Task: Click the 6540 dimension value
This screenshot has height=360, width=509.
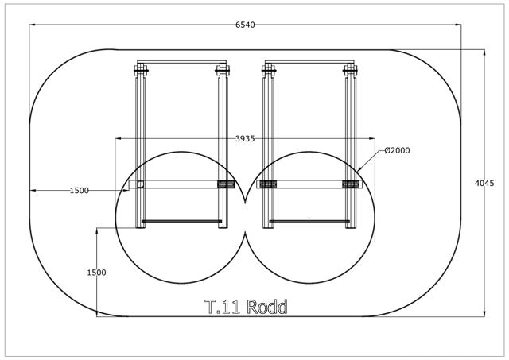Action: (245, 25)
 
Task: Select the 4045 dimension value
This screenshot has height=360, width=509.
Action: (484, 184)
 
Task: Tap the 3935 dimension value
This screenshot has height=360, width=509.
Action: (245, 139)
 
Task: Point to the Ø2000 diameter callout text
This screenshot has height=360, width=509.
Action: (397, 150)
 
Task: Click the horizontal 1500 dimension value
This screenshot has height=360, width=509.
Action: (80, 191)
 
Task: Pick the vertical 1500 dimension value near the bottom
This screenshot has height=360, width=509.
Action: (96, 273)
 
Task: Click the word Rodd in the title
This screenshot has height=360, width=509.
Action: (267, 307)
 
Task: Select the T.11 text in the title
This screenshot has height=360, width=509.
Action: (222, 307)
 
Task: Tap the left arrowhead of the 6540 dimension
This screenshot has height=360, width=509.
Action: (33, 25)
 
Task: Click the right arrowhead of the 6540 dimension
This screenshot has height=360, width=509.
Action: (458, 25)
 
